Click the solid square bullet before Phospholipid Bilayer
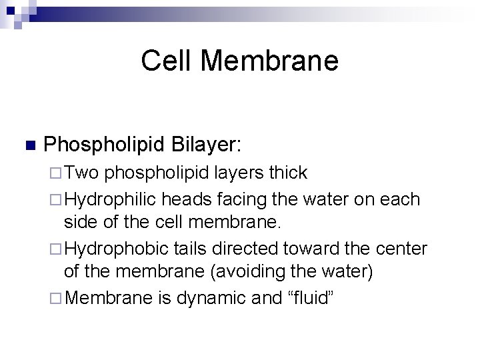pyautogui.click(x=28, y=145)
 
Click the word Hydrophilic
pyautogui.click(x=113, y=199)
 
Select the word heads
pyautogui.click(x=193, y=199)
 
